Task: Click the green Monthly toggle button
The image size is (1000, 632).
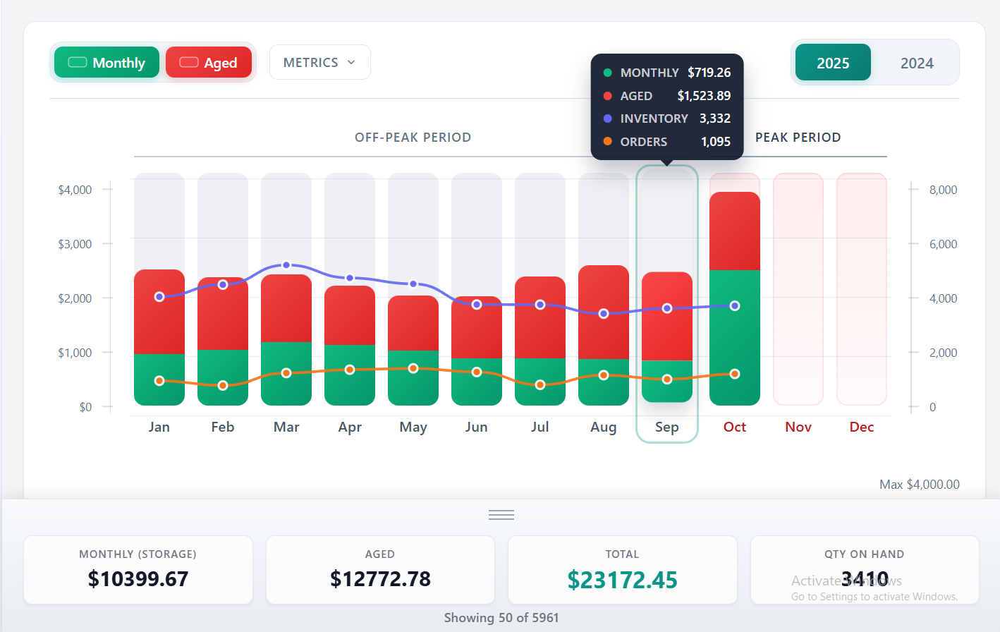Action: (106, 63)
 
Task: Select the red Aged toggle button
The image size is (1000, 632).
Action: (209, 63)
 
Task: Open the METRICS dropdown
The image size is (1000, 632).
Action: (319, 63)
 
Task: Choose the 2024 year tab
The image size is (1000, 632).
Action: (916, 63)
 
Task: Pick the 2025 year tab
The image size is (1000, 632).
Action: (833, 63)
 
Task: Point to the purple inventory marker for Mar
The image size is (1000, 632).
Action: (286, 265)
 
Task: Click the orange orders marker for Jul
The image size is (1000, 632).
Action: (540, 385)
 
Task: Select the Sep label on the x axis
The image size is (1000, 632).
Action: (666, 427)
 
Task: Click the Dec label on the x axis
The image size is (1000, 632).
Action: (861, 427)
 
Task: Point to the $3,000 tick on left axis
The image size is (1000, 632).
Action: (75, 244)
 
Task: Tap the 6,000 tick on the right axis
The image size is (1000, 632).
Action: (943, 244)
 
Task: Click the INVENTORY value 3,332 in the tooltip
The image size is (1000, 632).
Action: (714, 119)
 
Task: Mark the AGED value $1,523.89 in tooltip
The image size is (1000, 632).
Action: (703, 96)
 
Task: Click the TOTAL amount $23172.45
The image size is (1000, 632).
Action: (622, 580)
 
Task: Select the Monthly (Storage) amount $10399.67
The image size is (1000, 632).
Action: (138, 579)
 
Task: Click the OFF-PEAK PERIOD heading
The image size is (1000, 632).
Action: (413, 138)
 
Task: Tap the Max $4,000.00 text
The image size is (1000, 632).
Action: (919, 485)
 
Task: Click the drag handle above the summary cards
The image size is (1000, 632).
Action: (501, 515)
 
